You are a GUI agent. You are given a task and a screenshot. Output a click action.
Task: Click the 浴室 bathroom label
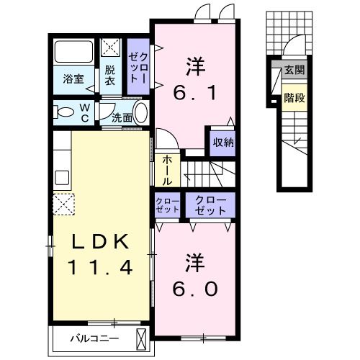point(73,79)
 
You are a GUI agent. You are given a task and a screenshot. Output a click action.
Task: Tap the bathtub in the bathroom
point(73,51)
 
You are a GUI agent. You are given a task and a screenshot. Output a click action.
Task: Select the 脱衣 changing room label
point(110,76)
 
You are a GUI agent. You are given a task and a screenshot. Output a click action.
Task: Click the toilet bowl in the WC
point(63,112)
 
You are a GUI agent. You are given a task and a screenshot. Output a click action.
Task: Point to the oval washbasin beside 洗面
point(141,113)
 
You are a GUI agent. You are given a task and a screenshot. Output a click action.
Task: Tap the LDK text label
point(100,242)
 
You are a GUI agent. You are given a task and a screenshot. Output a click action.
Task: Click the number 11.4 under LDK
point(100,268)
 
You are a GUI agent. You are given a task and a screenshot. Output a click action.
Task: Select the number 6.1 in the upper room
point(194,93)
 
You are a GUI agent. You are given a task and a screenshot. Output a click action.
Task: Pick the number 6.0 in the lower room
point(195,289)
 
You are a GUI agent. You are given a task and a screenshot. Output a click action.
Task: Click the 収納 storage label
point(223,143)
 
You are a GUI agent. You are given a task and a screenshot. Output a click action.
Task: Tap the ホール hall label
point(167,171)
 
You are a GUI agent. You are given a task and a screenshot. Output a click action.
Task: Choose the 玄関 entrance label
point(294,70)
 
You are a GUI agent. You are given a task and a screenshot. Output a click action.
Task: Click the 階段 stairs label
point(294,98)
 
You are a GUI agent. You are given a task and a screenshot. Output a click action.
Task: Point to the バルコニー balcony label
point(94,339)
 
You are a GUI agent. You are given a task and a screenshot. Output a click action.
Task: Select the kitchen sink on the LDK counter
point(63,177)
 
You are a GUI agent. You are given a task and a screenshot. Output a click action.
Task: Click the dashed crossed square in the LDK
point(63,204)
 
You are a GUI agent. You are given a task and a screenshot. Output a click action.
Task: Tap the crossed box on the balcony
point(141,340)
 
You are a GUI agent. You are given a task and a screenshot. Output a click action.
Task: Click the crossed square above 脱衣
point(110,48)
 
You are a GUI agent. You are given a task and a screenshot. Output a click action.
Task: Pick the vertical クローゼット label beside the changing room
point(138,68)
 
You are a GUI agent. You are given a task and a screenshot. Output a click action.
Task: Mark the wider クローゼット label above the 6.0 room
point(210,205)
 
